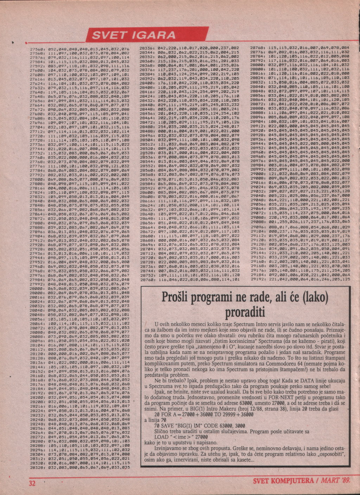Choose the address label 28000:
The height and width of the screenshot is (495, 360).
coord(37,288)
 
